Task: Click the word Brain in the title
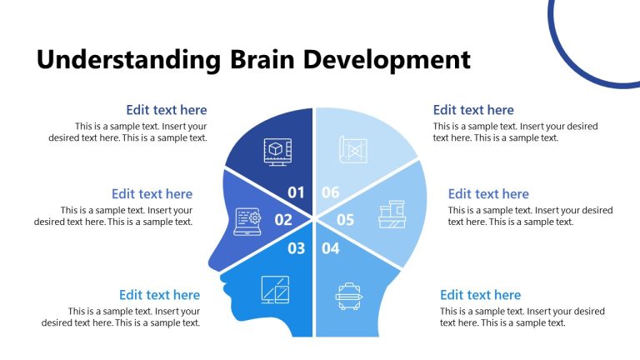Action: tap(260, 60)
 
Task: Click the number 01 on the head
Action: tap(297, 192)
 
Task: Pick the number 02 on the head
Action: tap(283, 220)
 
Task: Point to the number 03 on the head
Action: tap(297, 247)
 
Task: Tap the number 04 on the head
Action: tap(331, 247)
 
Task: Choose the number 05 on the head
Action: tap(345, 220)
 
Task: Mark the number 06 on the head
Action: tap(331, 192)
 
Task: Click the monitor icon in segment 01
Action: tap(276, 152)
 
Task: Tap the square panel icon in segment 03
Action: tap(275, 289)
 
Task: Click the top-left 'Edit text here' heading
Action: tap(167, 110)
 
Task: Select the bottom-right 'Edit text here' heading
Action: tap(480, 295)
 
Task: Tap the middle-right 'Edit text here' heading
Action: tap(488, 194)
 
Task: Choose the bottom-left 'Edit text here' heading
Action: tap(159, 295)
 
